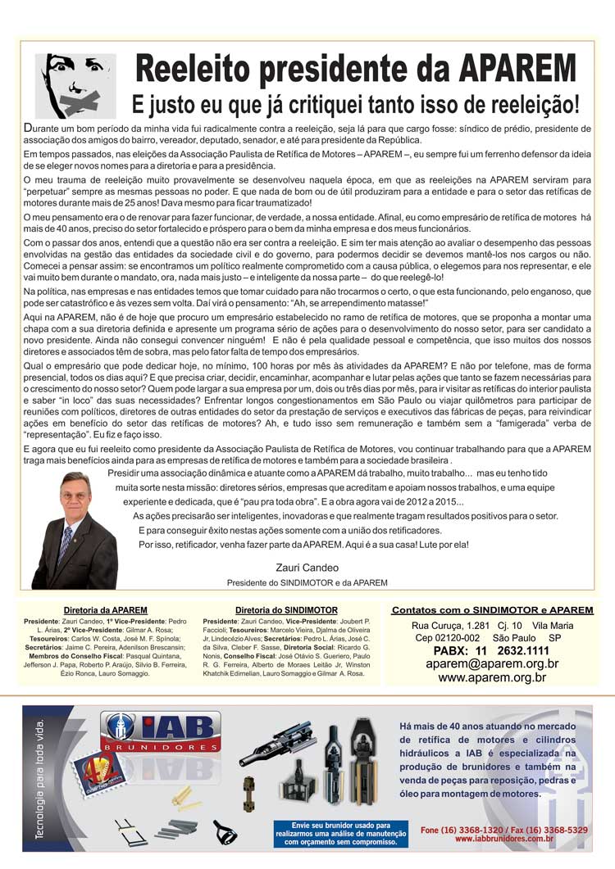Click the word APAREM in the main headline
point(516,69)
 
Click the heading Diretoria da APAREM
point(106,610)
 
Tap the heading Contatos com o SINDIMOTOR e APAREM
point(492,610)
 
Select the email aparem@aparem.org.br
point(492,663)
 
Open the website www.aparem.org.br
point(492,677)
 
